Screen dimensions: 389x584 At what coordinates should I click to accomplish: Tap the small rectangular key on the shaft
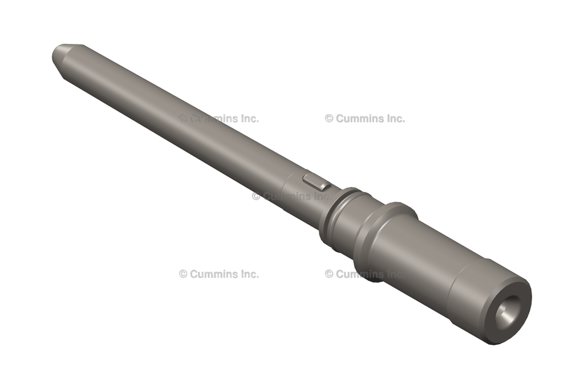click(x=316, y=182)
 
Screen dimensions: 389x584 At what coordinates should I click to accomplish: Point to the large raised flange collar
click(x=384, y=240)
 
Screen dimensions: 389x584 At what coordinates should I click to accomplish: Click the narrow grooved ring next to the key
click(x=336, y=214)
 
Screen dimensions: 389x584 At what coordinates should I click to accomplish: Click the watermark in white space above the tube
click(x=365, y=119)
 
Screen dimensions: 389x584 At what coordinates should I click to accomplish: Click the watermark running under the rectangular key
click(x=291, y=196)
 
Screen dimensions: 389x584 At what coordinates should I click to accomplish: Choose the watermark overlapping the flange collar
click(x=365, y=274)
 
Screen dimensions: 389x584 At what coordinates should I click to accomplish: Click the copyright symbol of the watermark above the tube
click(x=329, y=119)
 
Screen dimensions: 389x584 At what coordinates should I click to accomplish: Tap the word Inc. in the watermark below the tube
click(x=248, y=274)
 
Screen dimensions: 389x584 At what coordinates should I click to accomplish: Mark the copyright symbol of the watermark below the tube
click(x=183, y=274)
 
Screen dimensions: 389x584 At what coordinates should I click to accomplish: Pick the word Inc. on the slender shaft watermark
click(x=248, y=119)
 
